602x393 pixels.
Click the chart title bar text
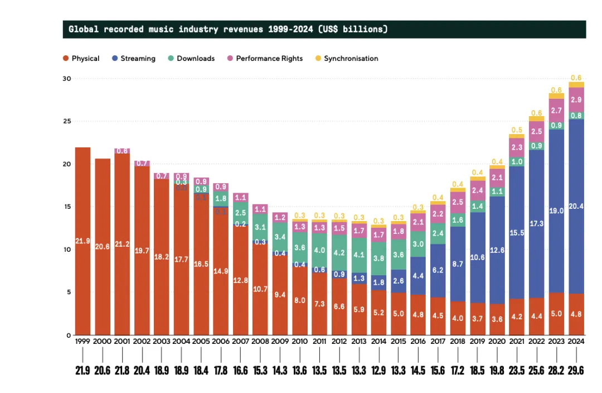(227, 29)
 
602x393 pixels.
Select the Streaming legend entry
(138, 59)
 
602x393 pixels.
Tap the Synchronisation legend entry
(351, 59)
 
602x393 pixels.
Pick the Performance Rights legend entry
(269, 59)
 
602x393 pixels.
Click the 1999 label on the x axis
(83, 341)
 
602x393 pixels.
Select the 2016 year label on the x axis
(418, 341)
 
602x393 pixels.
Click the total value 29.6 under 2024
(576, 370)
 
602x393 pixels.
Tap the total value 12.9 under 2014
(378, 370)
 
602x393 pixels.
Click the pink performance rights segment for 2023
(556, 111)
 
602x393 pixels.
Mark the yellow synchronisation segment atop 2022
(537, 118)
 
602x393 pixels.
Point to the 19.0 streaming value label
(556, 211)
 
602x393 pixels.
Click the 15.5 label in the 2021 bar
(517, 233)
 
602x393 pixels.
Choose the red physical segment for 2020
(497, 319)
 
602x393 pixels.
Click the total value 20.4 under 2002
(142, 370)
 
